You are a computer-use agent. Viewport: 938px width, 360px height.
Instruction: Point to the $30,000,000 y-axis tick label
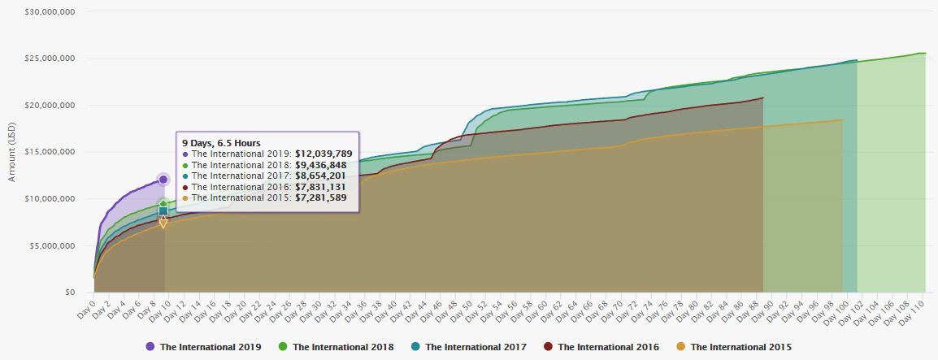coord(50,12)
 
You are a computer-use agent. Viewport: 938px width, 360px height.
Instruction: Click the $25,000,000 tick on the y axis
coord(50,59)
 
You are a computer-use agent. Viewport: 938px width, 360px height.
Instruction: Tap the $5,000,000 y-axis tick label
coord(53,245)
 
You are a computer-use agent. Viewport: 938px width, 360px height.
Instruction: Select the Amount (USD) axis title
coord(12,152)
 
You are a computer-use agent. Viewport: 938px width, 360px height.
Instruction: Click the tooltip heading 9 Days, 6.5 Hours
coord(221,143)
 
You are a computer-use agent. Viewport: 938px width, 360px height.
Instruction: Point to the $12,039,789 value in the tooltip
coord(324,154)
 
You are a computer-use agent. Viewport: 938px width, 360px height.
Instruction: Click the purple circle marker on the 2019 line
coord(163,180)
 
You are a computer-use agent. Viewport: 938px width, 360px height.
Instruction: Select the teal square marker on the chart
coord(163,211)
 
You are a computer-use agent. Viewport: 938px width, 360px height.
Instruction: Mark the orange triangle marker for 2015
coord(163,223)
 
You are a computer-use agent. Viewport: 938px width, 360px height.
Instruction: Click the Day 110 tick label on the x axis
coord(912,310)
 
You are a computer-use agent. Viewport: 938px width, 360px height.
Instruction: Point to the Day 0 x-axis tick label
coord(87,308)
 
